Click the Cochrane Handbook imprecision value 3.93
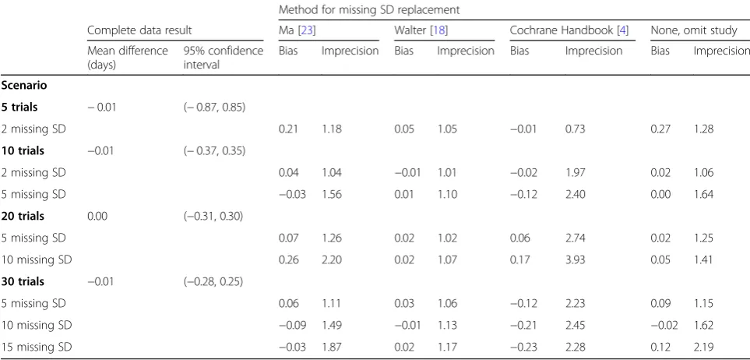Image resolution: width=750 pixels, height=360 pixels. pos(576,260)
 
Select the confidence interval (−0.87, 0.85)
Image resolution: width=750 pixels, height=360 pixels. pos(214,108)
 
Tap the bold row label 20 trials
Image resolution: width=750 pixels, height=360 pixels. pos(23,217)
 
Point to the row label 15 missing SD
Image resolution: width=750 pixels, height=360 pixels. pos(37,347)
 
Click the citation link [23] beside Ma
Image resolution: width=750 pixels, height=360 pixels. pos(307,30)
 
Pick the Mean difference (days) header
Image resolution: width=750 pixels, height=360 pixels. pos(128,58)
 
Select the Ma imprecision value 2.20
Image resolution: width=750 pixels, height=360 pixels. pos(332,260)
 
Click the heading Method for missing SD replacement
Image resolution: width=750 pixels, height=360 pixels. pos(369,9)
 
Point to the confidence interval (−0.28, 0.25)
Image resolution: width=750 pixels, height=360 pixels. pos(213,282)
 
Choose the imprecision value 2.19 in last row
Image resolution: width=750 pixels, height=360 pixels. pos(703,347)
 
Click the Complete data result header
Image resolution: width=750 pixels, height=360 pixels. pos(139,30)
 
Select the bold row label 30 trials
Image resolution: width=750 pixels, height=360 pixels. pos(23,282)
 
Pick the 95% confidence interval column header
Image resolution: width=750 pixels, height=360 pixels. pos(224,58)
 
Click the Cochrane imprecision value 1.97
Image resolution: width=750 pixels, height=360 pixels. pos(575,172)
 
